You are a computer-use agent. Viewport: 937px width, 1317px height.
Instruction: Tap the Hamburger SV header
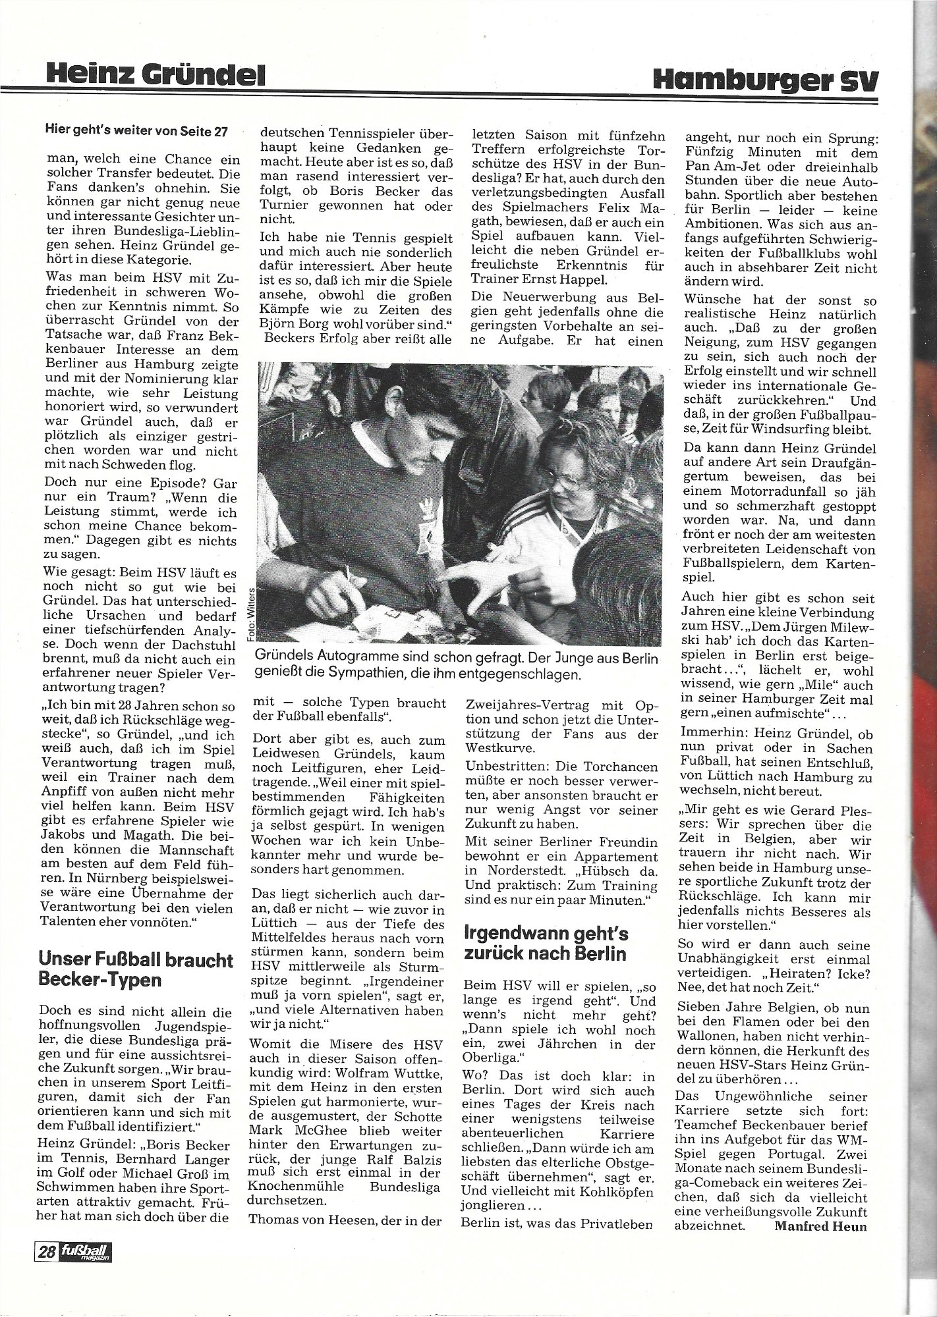(766, 79)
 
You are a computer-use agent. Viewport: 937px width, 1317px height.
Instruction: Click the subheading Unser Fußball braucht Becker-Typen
(136, 969)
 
